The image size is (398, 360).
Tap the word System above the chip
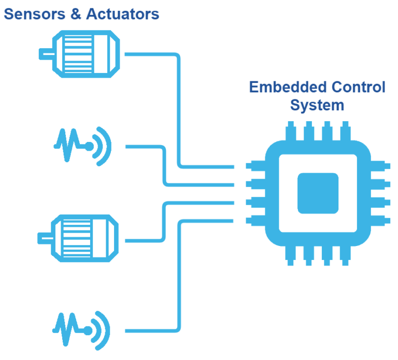click(317, 105)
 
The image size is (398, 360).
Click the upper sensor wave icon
click(83, 146)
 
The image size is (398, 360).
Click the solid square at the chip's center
click(318, 193)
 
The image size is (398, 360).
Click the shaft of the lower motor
click(46, 238)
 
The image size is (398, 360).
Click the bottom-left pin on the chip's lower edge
click(291, 256)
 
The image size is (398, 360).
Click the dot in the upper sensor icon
click(89, 147)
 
